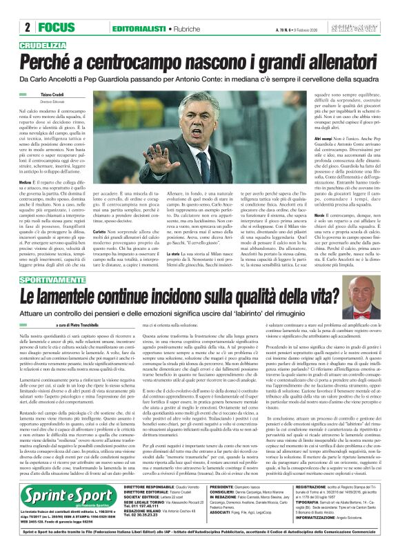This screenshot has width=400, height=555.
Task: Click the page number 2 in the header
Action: [26, 28]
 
